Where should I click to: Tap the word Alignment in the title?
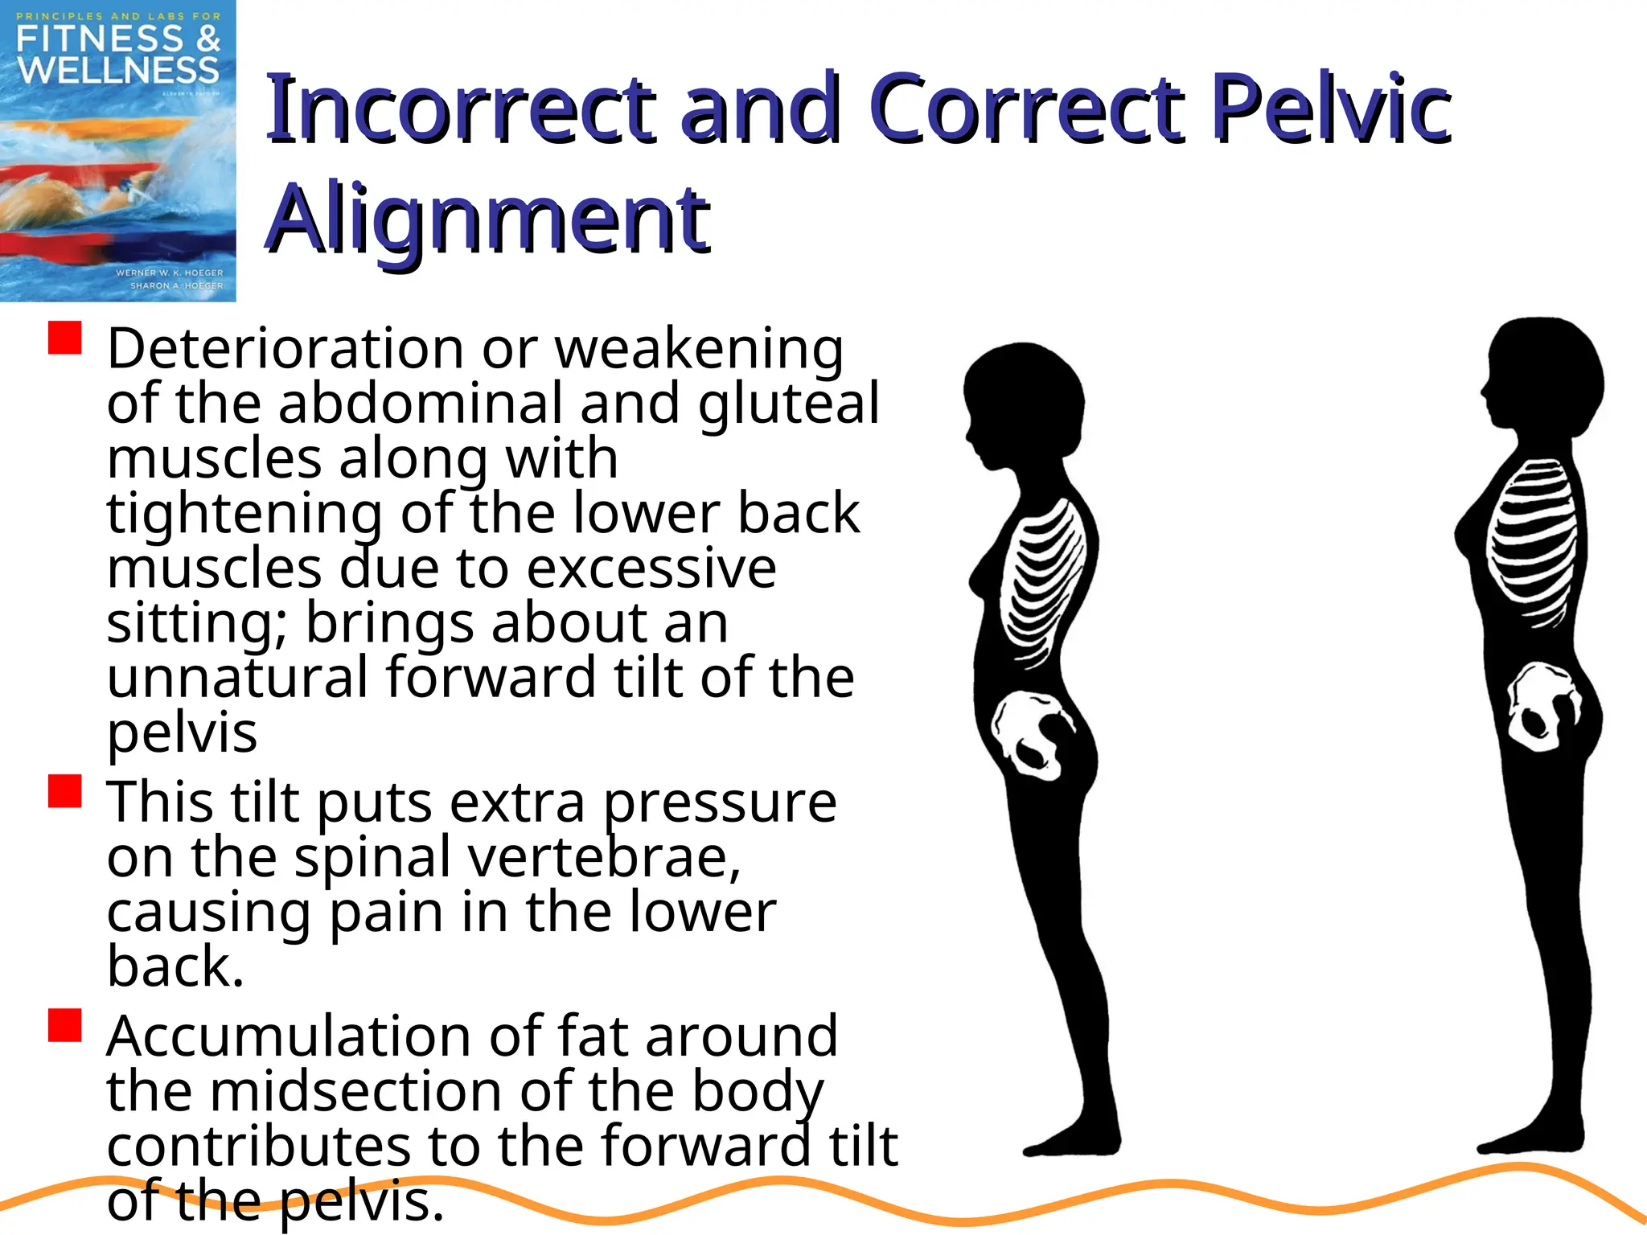pyautogui.click(x=487, y=219)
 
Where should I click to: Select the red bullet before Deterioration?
pyautogui.click(x=65, y=338)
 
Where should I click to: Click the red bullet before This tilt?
pyautogui.click(x=65, y=791)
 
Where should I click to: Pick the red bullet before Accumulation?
pyautogui.click(x=65, y=1025)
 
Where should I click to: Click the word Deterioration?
pyautogui.click(x=285, y=349)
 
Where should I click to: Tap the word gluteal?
pyautogui.click(x=787, y=404)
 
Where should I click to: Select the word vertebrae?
pyautogui.click(x=603, y=857)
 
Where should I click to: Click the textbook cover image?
pyautogui.click(x=117, y=150)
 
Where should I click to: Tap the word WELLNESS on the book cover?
pyautogui.click(x=118, y=70)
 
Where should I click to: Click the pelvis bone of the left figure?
pyautogui.click(x=1030, y=736)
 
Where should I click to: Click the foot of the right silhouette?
pyautogui.click(x=1528, y=1142)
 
